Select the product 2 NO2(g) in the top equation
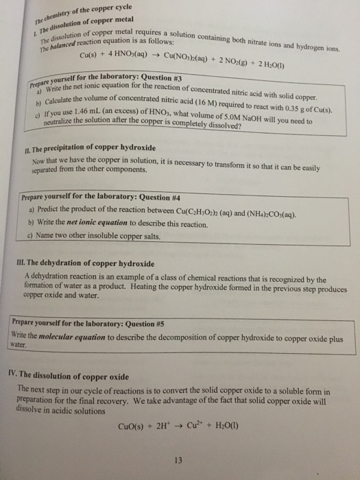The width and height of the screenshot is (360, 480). point(230,60)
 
